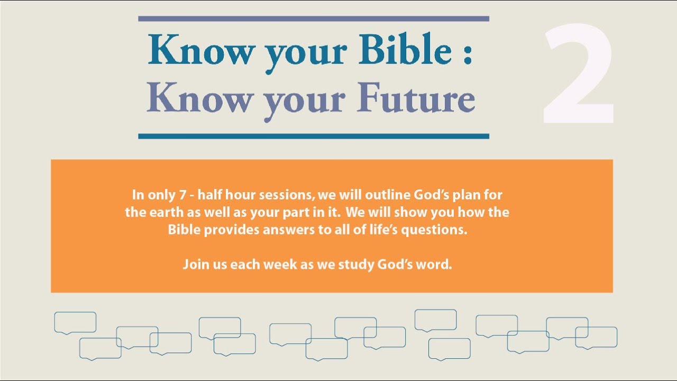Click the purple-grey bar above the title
(x=313, y=19)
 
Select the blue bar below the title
(x=313, y=136)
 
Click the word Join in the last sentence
(x=193, y=265)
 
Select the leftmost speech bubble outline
(x=75, y=322)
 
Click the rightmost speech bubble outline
(x=596, y=337)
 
